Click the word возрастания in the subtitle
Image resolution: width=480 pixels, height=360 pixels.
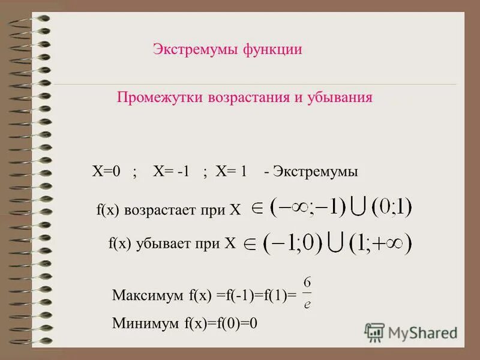point(247,97)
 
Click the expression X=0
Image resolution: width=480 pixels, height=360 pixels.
point(106,172)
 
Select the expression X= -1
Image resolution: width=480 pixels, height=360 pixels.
point(171,172)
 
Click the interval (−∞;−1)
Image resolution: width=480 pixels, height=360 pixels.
point(308,208)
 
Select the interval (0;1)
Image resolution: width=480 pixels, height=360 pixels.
point(392,208)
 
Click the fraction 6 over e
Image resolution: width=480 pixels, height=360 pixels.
point(307,292)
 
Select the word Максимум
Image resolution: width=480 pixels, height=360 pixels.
point(148,295)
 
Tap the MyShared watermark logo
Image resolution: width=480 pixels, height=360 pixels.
point(411,332)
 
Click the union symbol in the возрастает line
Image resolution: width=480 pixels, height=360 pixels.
point(358,208)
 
